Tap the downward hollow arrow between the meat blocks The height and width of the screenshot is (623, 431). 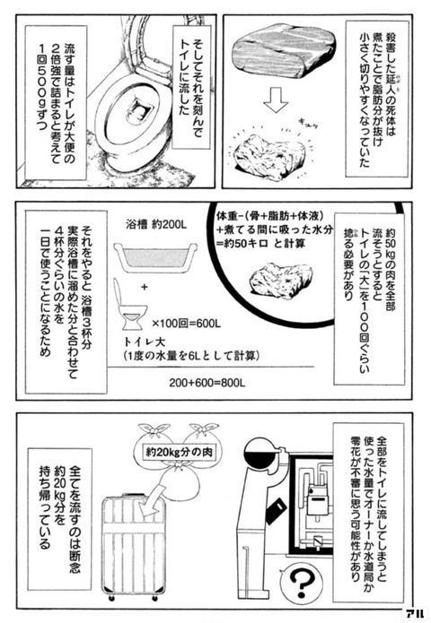coord(276,100)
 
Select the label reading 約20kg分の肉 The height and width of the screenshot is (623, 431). coord(179,452)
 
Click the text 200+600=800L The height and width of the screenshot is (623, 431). coord(207,383)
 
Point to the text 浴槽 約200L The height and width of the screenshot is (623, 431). coord(156,224)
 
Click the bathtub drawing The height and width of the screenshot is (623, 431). coord(155,257)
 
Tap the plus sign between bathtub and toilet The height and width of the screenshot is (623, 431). coord(144,286)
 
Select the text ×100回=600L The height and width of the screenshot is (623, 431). coord(186,324)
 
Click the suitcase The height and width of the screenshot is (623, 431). coord(134,547)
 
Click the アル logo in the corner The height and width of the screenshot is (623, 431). coord(415,614)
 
